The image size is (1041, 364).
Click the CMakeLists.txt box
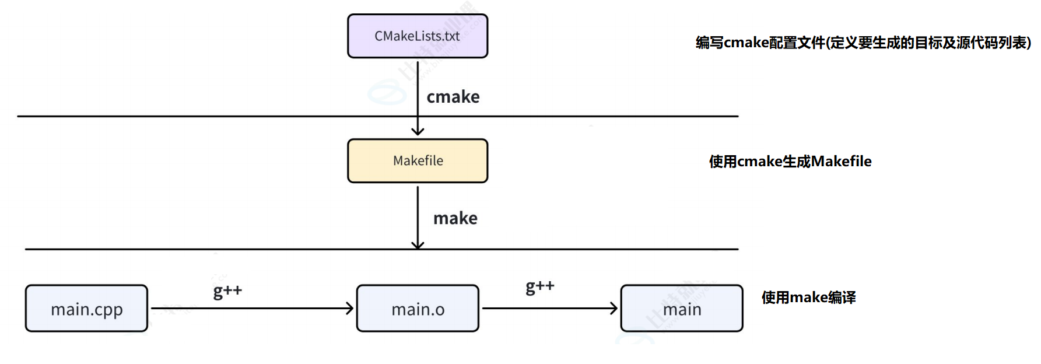pyautogui.click(x=418, y=36)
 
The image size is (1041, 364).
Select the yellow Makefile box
pyautogui.click(x=418, y=161)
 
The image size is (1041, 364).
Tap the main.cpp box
pyautogui.click(x=86, y=309)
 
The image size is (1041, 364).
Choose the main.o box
pyautogui.click(x=418, y=309)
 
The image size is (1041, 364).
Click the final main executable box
pyautogui.click(x=682, y=309)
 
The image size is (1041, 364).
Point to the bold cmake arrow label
pyautogui.click(x=453, y=97)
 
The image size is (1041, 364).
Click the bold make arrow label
pyautogui.click(x=455, y=218)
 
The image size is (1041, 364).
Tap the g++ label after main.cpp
pyautogui.click(x=227, y=290)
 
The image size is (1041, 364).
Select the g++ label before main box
pyautogui.click(x=540, y=286)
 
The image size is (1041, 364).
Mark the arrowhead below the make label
pyautogui.click(x=418, y=244)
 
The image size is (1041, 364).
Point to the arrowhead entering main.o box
pyautogui.click(x=349, y=309)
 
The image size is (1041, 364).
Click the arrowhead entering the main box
pyautogui.click(x=614, y=309)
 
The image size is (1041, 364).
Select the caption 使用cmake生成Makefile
pyautogui.click(x=790, y=162)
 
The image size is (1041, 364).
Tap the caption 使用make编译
pyautogui.click(x=808, y=297)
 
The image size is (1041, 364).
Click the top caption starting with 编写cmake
pyautogui.click(x=863, y=43)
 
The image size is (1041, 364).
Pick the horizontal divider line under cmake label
pyautogui.click(x=233, y=116)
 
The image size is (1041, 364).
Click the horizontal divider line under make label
pyautogui.click(x=233, y=249)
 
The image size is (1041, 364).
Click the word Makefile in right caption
pyautogui.click(x=841, y=162)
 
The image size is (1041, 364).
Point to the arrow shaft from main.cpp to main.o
pyautogui.click(x=251, y=309)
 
